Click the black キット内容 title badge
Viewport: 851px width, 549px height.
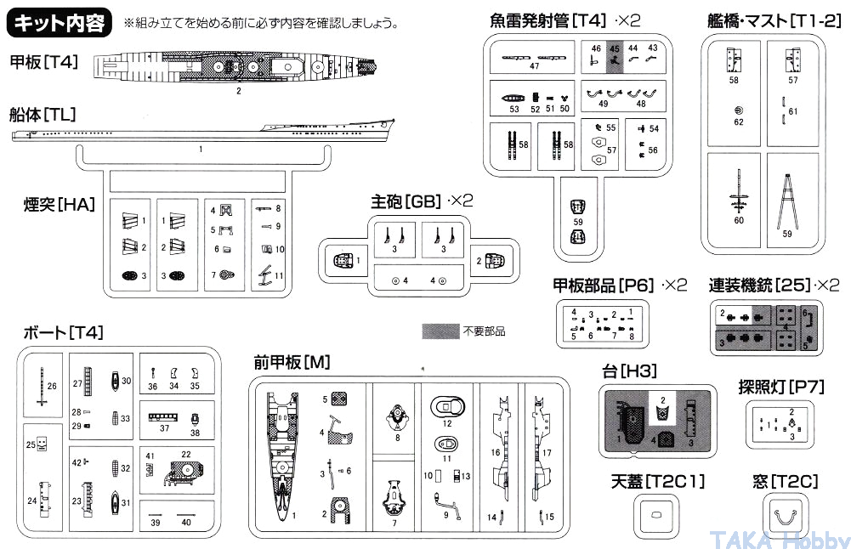[x=60, y=21]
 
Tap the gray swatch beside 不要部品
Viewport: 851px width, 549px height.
[x=440, y=331]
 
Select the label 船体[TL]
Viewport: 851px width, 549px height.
[x=42, y=115]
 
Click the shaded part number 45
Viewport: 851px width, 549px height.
[x=615, y=57]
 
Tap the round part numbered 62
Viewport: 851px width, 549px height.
[x=738, y=110]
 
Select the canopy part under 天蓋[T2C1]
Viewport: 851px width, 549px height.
[x=655, y=515]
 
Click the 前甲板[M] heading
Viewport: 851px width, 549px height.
[x=292, y=361]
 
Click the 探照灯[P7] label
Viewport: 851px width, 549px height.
[x=782, y=387]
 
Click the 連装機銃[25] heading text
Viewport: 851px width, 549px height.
[x=762, y=285]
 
